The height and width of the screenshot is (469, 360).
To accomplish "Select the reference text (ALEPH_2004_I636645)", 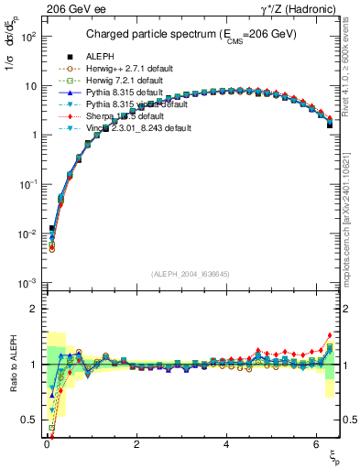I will tap(190, 273).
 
